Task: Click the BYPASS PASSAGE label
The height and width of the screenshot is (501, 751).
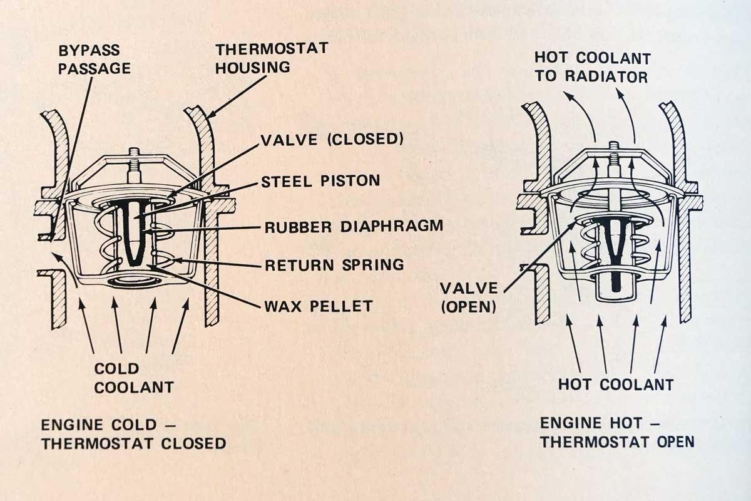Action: [94, 58]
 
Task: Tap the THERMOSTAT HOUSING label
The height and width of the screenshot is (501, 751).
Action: [272, 58]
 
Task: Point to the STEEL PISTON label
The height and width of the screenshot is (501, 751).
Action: [321, 181]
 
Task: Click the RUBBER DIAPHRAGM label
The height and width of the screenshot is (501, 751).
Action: [354, 225]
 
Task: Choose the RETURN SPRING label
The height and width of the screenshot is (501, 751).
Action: [334, 264]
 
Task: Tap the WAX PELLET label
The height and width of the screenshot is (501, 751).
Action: [319, 306]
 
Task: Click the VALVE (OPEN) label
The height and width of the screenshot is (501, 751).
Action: [468, 297]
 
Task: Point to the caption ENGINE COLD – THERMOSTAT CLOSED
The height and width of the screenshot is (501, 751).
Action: [133, 434]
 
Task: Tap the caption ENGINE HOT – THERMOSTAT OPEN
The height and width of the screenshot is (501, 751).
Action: [617, 432]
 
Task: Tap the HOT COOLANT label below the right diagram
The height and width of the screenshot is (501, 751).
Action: [616, 384]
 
